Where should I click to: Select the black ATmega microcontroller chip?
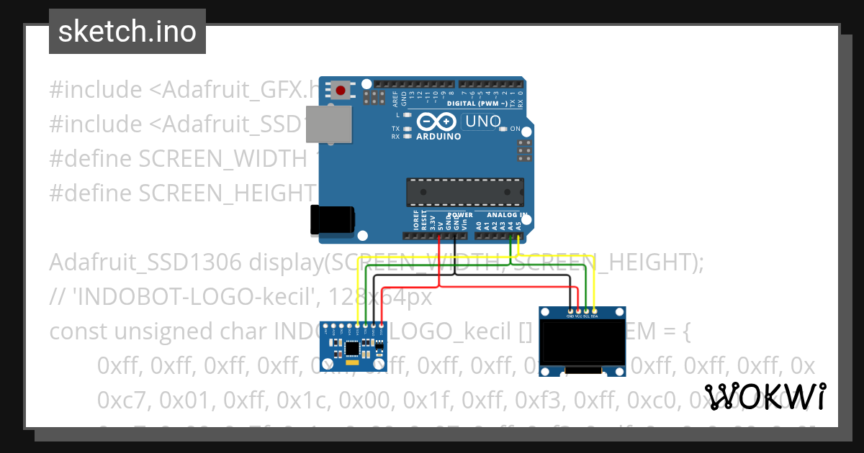click(x=464, y=192)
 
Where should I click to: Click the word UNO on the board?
click(x=482, y=122)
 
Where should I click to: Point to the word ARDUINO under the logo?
click(x=439, y=136)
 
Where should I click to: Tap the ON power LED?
click(x=503, y=129)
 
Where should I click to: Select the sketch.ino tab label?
click(x=127, y=32)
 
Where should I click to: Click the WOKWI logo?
click(x=765, y=396)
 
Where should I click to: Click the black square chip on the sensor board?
click(x=352, y=349)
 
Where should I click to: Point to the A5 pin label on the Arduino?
click(x=519, y=224)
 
